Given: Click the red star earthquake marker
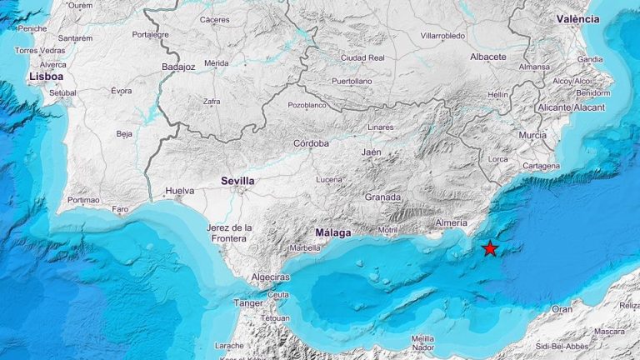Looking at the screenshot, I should pyautogui.click(x=490, y=248).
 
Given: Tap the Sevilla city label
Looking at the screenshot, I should pyautogui.click(x=237, y=180).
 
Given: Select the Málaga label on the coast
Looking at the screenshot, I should pyautogui.click(x=333, y=232).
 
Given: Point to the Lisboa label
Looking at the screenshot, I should pyautogui.click(x=46, y=76).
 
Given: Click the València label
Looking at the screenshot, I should pyautogui.click(x=578, y=18).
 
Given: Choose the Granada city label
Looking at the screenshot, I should pyautogui.click(x=382, y=197).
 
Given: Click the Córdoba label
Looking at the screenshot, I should pyautogui.click(x=311, y=143).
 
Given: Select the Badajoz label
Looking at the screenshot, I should pyautogui.click(x=178, y=67).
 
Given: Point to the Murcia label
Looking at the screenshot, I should pyautogui.click(x=532, y=135).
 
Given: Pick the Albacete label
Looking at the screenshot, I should pyautogui.click(x=487, y=57).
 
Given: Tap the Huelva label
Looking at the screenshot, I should pyautogui.click(x=180, y=191).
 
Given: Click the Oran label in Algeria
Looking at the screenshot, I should pyautogui.click(x=562, y=308).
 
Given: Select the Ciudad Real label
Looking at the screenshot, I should pyautogui.click(x=363, y=57).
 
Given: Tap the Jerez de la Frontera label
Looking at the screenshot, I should pyautogui.click(x=228, y=232).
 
